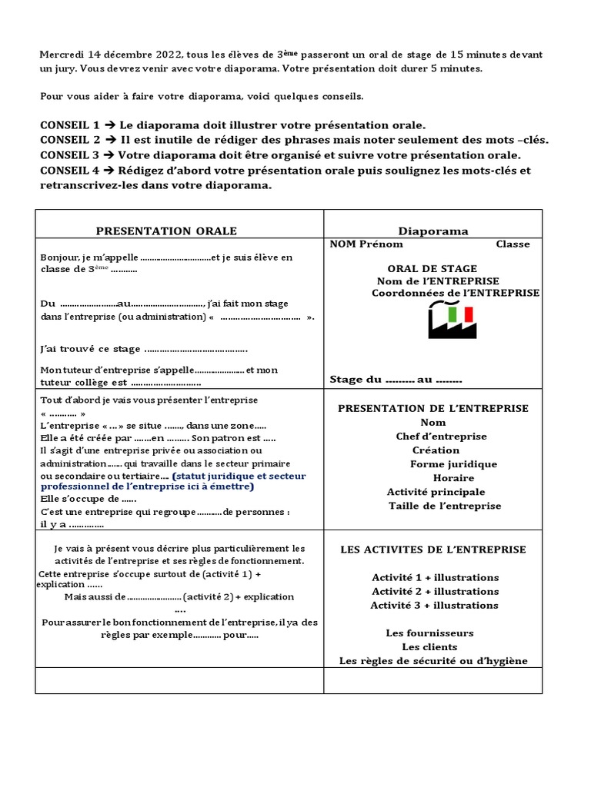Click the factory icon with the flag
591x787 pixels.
coord(452,320)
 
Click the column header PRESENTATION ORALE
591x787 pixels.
coord(166,231)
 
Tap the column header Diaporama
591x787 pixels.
coord(433,231)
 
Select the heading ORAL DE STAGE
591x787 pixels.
coord(432,268)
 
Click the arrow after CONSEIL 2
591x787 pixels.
coord(111,140)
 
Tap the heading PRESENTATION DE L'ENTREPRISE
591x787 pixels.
coord(433,408)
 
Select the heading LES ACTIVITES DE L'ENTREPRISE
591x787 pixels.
coord(433,550)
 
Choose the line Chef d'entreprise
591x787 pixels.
coord(441,437)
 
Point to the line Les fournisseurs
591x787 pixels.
coord(429,633)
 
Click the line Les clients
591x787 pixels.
coord(429,647)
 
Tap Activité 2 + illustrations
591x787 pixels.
coord(435,591)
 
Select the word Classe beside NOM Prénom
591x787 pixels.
coord(513,244)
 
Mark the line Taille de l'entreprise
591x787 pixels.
coord(445,506)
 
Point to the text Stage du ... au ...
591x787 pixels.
coord(396,380)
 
